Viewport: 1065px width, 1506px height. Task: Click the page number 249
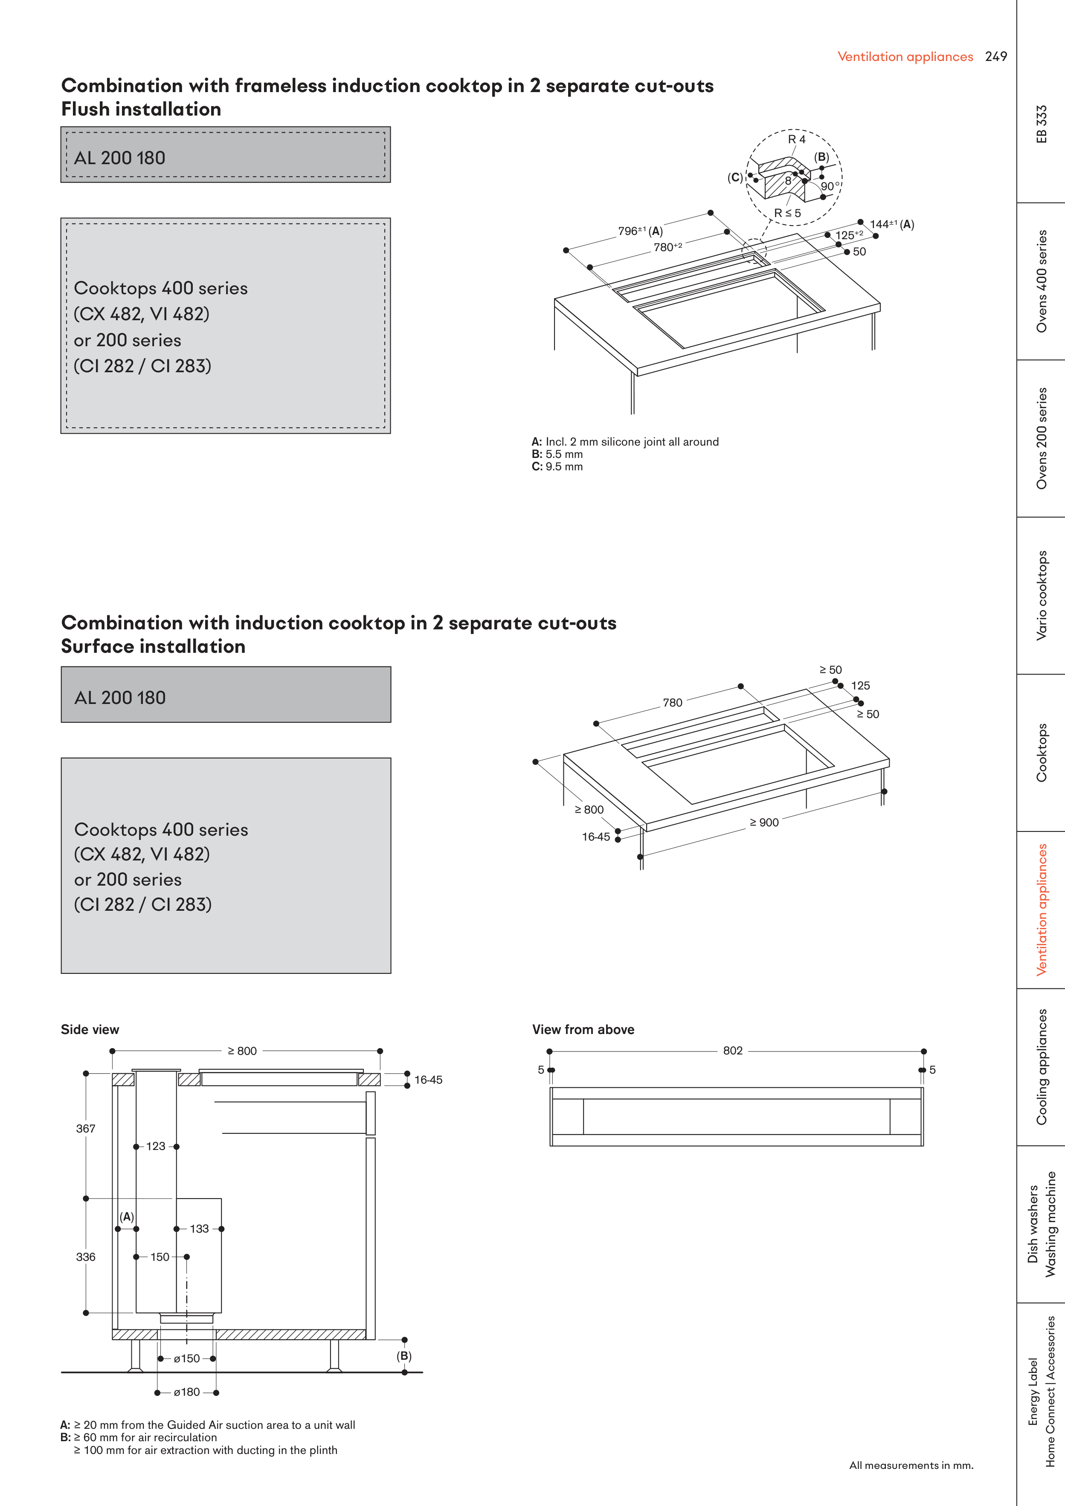click(x=995, y=56)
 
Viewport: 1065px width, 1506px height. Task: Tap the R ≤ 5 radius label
click(x=787, y=213)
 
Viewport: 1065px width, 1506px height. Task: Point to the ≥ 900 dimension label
click(x=764, y=823)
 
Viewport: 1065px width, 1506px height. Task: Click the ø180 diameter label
click(x=186, y=1392)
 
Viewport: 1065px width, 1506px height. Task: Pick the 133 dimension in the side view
click(x=200, y=1228)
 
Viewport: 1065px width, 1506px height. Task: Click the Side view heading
click(x=90, y=1029)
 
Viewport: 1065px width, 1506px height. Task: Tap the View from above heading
click(x=583, y=1029)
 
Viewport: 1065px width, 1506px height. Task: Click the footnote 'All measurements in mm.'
click(x=911, y=1465)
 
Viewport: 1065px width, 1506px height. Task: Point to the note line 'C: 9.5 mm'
click(x=557, y=466)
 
